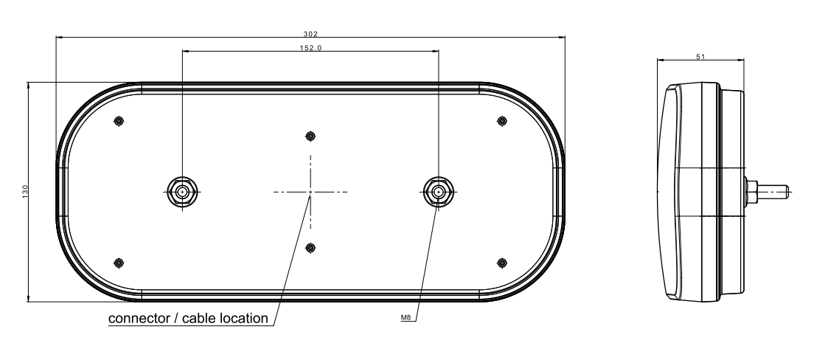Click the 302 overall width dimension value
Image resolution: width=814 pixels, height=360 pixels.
310,34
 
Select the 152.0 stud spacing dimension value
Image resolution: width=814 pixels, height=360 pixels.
310,48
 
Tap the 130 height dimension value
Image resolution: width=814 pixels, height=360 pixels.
25,191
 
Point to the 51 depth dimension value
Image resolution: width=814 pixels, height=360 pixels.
700,57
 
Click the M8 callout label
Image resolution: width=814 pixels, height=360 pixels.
408,317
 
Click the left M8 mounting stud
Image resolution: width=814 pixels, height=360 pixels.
182,192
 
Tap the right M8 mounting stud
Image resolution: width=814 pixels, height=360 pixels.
439,192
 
